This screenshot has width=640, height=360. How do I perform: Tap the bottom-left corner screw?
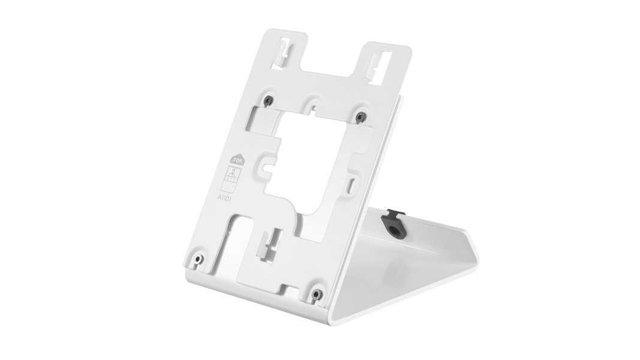198,259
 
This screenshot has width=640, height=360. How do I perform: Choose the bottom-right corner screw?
317,293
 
